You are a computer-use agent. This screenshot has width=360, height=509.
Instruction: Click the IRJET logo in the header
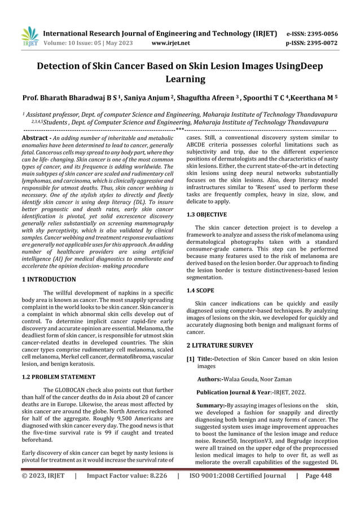29,37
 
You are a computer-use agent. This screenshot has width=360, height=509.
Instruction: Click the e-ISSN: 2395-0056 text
313,33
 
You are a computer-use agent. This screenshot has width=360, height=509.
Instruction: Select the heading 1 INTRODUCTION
48,279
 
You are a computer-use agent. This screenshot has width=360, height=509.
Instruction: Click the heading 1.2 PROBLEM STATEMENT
56,376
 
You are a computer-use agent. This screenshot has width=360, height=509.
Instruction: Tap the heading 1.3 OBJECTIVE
207,214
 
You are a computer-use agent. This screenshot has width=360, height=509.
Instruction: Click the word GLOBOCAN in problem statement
70,390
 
